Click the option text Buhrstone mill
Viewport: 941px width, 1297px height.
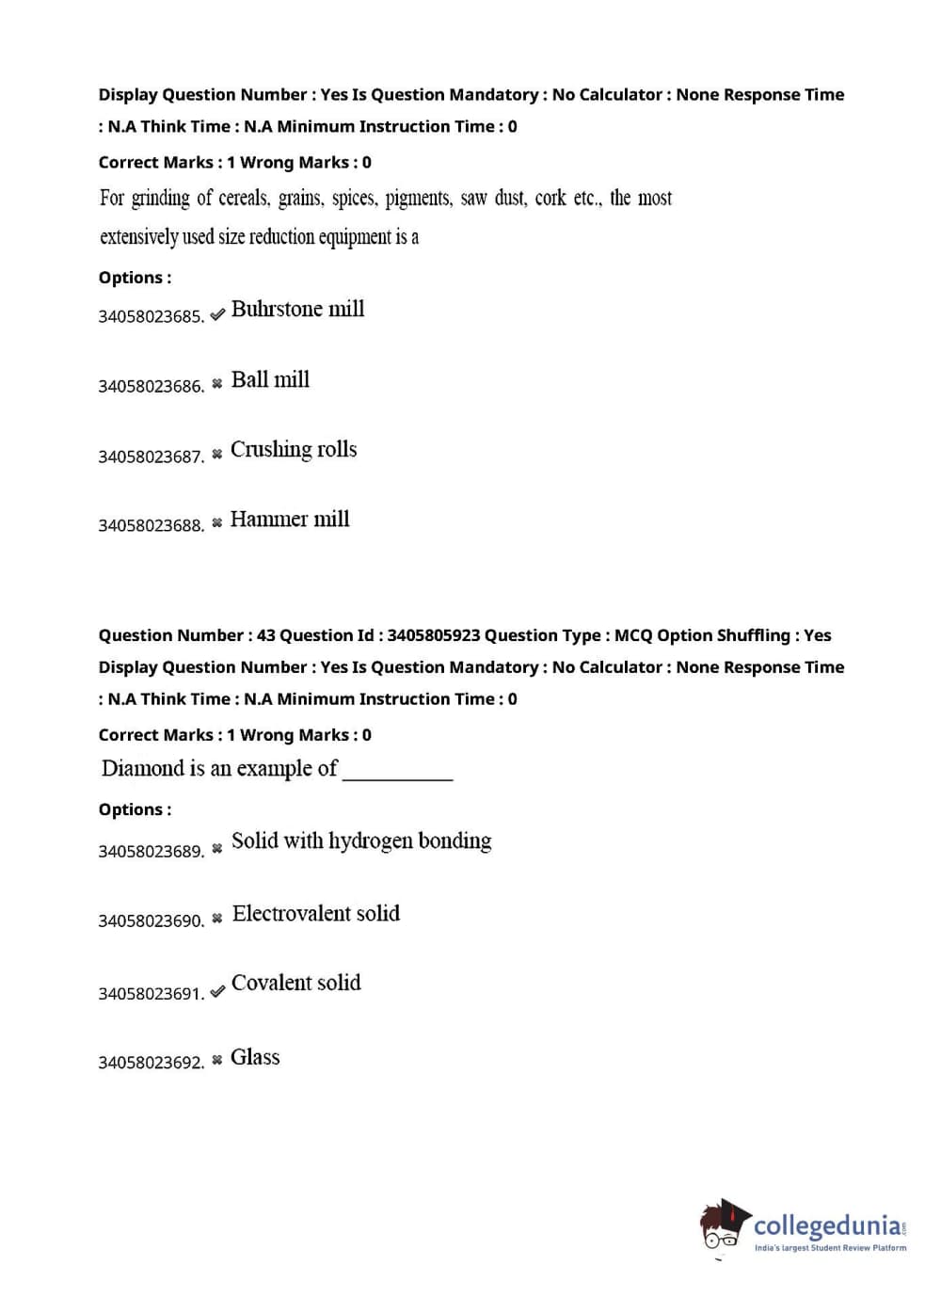pyautogui.click(x=297, y=310)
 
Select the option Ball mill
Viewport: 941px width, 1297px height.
pyautogui.click(x=270, y=380)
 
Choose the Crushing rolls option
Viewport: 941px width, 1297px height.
pyautogui.click(x=294, y=450)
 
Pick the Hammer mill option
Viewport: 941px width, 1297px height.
pyautogui.click(x=290, y=520)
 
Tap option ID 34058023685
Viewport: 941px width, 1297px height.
pyautogui.click(x=151, y=317)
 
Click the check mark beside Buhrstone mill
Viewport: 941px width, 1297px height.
pyautogui.click(x=217, y=314)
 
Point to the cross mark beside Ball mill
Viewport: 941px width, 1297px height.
pyautogui.click(x=217, y=383)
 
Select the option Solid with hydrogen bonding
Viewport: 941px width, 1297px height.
pyautogui.click(x=361, y=841)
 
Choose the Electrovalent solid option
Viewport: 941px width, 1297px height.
pyautogui.click(x=316, y=914)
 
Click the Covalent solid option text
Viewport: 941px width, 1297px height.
pyautogui.click(x=296, y=984)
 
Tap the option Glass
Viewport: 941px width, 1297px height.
pyautogui.click(x=255, y=1058)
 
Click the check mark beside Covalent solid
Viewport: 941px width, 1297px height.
pyautogui.click(x=217, y=991)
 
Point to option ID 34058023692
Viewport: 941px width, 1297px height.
pyautogui.click(x=151, y=1064)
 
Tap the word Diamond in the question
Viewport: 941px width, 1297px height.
pyautogui.click(x=142, y=769)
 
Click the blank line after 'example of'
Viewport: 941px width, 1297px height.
pyautogui.click(x=398, y=776)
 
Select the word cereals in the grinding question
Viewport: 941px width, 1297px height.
pyautogui.click(x=244, y=199)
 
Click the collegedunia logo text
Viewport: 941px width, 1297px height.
pyautogui.click(x=827, y=1225)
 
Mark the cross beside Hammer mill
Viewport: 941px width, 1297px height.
pyautogui.click(x=217, y=522)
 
